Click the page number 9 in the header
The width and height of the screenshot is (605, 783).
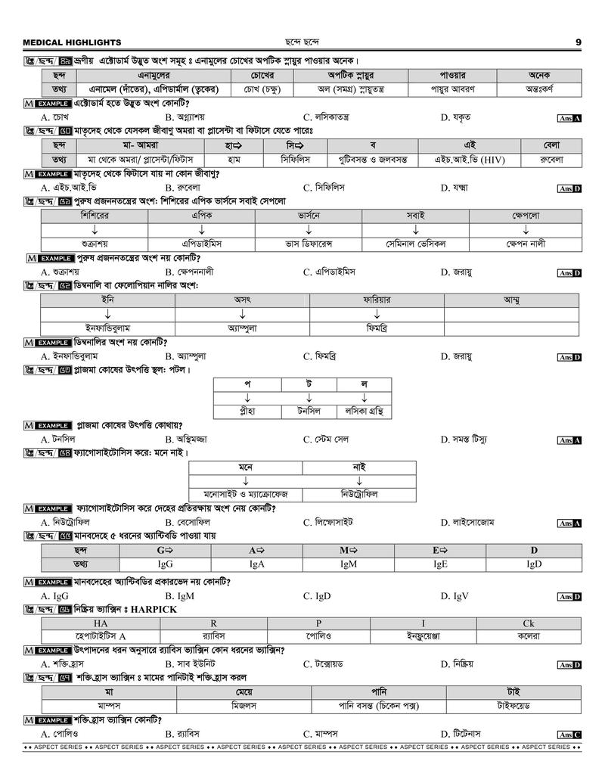coord(578,42)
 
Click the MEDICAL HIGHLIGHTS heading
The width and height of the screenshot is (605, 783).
coord(72,42)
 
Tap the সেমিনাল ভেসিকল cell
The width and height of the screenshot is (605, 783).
coord(415,244)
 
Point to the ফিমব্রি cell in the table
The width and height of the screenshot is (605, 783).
coord(376,328)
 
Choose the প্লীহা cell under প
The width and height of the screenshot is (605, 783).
coord(247,412)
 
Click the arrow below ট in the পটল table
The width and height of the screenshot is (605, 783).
coord(309,398)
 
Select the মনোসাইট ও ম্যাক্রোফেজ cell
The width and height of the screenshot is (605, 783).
coord(246,494)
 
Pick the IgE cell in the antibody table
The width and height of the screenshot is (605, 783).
coord(440,564)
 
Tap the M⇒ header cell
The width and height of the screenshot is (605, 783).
coord(348,550)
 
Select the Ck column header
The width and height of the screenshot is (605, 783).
coord(528,623)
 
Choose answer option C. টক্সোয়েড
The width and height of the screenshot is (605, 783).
coord(328,663)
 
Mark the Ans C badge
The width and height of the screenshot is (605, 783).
coord(569,734)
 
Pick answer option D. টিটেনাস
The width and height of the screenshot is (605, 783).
coord(464,733)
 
